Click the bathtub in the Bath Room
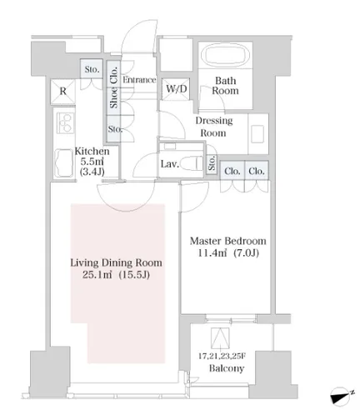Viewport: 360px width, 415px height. pos(225,55)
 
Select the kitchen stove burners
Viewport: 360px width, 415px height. pos(65,123)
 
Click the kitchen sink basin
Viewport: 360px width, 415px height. pos(64,163)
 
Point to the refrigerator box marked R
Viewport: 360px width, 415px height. pos(63,92)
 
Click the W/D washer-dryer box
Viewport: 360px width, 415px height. pos(176,89)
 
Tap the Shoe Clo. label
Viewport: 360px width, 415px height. pos(113,87)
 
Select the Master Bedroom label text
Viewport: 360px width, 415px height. pos(227,241)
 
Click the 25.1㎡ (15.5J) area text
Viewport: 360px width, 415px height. pos(116,275)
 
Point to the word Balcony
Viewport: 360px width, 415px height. pos(227,368)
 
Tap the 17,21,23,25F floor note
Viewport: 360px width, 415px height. pos(222,356)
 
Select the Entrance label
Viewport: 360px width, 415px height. pos(139,80)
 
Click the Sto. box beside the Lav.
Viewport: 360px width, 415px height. pos(212,164)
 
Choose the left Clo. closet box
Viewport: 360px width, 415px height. pos(232,171)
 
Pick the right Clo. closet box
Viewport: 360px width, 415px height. pos(257,171)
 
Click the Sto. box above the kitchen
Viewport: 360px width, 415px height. pos(92,69)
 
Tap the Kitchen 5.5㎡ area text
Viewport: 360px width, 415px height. pos(92,162)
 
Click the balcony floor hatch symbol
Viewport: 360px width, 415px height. pos(220,338)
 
